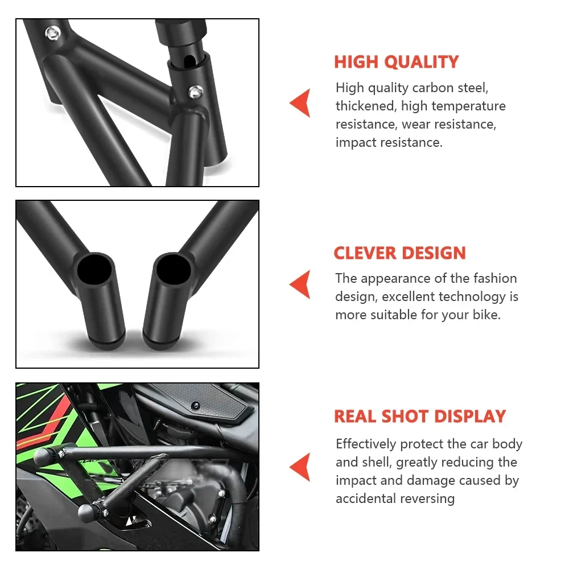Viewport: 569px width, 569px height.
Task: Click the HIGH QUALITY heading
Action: point(396,61)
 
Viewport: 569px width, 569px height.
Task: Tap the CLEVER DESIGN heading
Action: point(399,253)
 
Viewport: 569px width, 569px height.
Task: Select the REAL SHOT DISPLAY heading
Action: point(419,417)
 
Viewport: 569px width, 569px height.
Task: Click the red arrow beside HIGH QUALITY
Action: point(300,103)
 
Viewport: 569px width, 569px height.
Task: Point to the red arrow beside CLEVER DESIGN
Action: point(300,284)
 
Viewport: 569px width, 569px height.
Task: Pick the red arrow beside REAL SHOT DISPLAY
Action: point(300,467)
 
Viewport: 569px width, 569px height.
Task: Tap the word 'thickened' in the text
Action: point(362,106)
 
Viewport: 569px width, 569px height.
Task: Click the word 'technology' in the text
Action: point(472,297)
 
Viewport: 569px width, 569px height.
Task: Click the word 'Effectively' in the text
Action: point(366,444)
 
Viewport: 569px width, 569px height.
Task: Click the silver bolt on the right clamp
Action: point(196,90)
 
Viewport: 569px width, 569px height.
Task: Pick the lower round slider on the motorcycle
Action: point(86,512)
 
